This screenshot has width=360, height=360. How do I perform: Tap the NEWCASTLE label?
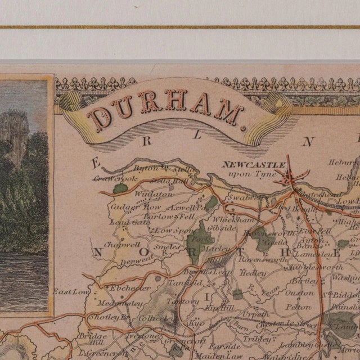click(246, 165)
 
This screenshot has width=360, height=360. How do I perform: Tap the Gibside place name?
click(222, 228)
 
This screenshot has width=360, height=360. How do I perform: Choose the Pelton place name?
click(298, 307)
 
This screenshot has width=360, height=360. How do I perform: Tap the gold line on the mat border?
click(180, 26)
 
